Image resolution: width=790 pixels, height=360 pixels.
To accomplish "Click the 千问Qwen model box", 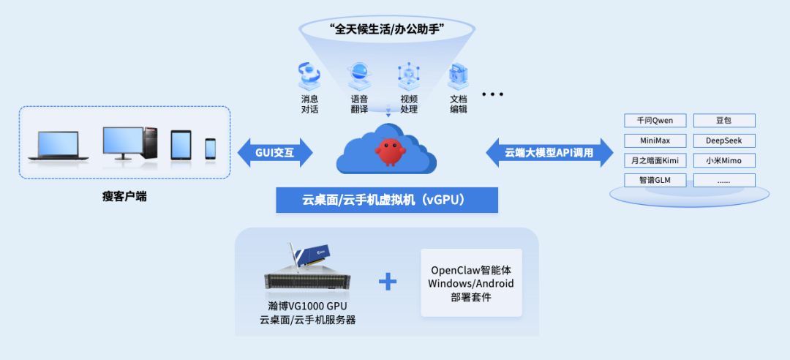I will pyautogui.click(x=655, y=121).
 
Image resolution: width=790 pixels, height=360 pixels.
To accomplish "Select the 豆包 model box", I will pyautogui.click(x=723, y=121).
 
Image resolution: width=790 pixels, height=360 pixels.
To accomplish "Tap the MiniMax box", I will pyautogui.click(x=655, y=140).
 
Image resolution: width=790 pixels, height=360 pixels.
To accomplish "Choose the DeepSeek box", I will pyautogui.click(x=723, y=140).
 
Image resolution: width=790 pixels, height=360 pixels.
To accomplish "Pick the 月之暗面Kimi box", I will pyautogui.click(x=655, y=160).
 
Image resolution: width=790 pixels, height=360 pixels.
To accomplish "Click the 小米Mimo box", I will pyautogui.click(x=723, y=160).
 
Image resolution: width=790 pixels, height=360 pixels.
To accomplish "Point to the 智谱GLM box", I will pyautogui.click(x=655, y=180).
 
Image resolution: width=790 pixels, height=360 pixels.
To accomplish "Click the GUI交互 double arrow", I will pyautogui.click(x=275, y=152).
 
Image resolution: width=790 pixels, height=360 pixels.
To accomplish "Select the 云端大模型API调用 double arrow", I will pyautogui.click(x=549, y=152).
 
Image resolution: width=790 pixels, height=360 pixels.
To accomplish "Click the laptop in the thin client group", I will pyautogui.click(x=59, y=145).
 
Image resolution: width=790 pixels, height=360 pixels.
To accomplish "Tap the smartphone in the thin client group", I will pyautogui.click(x=211, y=149).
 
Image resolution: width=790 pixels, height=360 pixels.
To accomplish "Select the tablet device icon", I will pyautogui.click(x=181, y=145).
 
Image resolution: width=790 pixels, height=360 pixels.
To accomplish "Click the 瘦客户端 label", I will pyautogui.click(x=124, y=196).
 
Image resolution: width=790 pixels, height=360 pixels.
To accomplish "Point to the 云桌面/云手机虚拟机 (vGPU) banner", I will pyautogui.click(x=386, y=200).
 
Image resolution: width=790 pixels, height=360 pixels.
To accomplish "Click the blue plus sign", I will pyautogui.click(x=387, y=281).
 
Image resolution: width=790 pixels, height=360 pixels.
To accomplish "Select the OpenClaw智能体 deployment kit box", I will pyautogui.click(x=471, y=283).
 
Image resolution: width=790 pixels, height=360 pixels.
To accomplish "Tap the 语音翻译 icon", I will pyautogui.click(x=359, y=74).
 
